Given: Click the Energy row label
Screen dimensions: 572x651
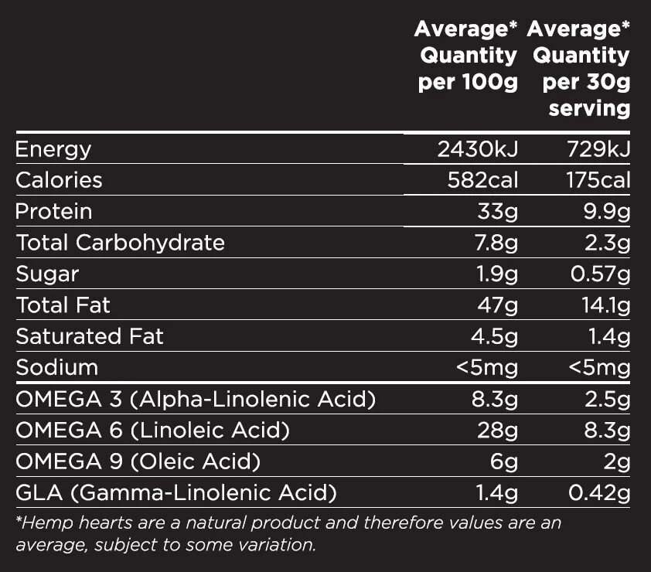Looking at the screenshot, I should [53, 149].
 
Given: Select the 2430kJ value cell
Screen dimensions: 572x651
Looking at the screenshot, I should [478, 149].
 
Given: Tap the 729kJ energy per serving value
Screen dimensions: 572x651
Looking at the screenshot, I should [597, 149].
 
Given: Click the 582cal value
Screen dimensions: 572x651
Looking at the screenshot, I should [482, 180].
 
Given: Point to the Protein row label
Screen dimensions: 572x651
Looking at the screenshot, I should [54, 212].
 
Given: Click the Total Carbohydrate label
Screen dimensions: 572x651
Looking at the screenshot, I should [121, 243].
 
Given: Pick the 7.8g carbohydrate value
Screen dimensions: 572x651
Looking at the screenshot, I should [495, 243].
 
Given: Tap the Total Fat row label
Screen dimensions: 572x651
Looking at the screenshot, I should [63, 305].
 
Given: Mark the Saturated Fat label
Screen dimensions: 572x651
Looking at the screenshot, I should [90, 336].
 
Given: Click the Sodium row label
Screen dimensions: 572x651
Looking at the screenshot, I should [57, 367].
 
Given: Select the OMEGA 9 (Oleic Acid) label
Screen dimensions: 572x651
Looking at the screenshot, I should [138, 461].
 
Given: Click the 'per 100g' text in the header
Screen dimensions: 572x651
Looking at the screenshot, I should [468, 82].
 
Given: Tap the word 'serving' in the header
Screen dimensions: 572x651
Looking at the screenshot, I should [589, 108].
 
